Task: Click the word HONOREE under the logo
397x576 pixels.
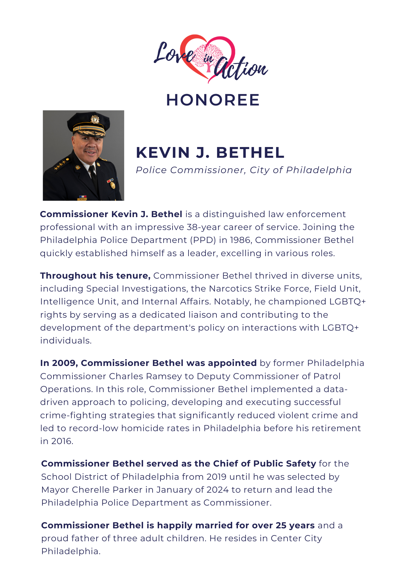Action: pos(213,100)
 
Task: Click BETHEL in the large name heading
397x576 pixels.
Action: pos(250,153)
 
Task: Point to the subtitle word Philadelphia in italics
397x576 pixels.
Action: pos(319,170)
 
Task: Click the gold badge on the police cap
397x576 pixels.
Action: pos(95,119)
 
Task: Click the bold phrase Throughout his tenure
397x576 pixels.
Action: pos(95,276)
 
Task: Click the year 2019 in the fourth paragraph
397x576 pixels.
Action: pos(216,477)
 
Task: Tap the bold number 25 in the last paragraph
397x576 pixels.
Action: pos(281,525)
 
